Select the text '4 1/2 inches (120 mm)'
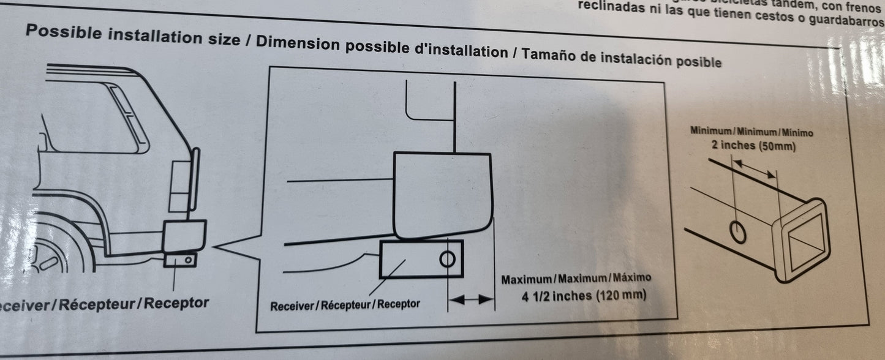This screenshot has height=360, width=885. pos(575,295)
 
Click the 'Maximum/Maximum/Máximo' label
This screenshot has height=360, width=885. pos(576,278)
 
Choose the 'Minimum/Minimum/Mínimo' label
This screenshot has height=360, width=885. pos(751,131)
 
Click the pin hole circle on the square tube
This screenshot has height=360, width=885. pos(737,232)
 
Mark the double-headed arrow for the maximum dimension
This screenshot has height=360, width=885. pos(472,299)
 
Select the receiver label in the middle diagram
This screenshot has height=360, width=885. pos(345,304)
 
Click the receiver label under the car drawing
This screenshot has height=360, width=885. pos(104,302)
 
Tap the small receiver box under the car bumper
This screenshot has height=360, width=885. pos(181,260)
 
